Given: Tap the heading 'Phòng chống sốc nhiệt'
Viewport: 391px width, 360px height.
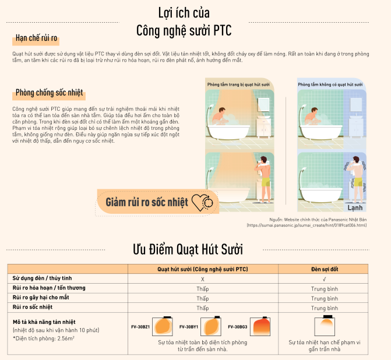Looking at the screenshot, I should click(x=50, y=93).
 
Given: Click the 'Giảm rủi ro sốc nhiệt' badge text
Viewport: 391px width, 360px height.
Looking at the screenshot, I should click(x=147, y=202).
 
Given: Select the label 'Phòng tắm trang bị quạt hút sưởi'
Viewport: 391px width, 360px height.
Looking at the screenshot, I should click(x=238, y=84).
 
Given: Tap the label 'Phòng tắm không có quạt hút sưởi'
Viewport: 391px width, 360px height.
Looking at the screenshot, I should click(x=330, y=84).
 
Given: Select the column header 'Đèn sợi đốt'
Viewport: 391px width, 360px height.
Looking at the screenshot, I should click(x=325, y=269).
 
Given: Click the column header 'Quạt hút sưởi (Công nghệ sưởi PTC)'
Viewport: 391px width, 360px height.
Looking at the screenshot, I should click(x=202, y=269).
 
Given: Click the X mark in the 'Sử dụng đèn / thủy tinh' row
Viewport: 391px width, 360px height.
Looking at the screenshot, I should click(x=202, y=278).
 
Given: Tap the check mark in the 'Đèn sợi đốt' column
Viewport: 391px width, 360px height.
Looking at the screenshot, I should click(x=325, y=278).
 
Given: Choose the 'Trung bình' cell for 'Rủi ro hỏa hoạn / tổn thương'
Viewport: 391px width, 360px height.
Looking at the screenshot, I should click(x=325, y=288).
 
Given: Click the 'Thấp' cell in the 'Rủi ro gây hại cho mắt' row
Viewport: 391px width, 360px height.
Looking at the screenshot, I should click(x=202, y=298).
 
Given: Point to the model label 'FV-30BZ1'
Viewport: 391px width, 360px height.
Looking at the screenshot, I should click(x=140, y=327).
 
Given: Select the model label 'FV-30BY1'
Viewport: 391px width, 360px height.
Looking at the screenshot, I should click(x=188, y=327).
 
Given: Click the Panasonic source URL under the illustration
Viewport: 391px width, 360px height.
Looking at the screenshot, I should click(x=307, y=225).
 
